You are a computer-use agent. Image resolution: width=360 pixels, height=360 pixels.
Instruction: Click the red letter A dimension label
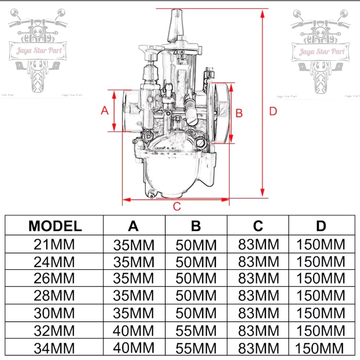(104, 110)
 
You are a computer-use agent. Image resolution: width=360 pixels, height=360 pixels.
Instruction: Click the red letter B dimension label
(239, 113)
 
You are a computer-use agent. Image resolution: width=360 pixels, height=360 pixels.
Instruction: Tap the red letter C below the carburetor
(177, 206)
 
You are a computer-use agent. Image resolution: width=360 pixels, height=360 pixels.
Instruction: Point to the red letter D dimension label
(273, 111)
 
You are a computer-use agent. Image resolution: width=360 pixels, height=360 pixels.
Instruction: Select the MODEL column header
(55, 226)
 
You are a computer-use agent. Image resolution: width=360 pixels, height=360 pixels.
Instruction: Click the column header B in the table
(196, 226)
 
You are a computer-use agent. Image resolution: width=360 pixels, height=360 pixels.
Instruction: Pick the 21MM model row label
(54, 244)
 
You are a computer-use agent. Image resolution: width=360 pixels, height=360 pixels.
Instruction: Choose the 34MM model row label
(54, 348)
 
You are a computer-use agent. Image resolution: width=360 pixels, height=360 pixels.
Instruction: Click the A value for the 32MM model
(133, 331)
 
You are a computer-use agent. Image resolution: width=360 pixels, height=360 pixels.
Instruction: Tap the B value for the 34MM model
(196, 348)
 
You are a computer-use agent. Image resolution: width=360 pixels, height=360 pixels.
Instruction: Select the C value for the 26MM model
(258, 278)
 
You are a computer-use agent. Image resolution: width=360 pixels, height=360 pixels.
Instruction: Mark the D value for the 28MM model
(321, 295)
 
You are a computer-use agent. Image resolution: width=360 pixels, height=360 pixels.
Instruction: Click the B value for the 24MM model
(196, 262)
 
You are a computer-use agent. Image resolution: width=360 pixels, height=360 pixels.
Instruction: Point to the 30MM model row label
(54, 313)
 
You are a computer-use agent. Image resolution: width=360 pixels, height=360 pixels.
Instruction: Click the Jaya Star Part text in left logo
(39, 51)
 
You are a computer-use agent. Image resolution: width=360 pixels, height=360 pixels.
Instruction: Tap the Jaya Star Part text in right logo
(322, 52)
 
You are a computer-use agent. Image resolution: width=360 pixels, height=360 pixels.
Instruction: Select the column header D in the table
(321, 226)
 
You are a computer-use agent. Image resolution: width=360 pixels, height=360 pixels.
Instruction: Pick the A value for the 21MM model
(134, 245)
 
